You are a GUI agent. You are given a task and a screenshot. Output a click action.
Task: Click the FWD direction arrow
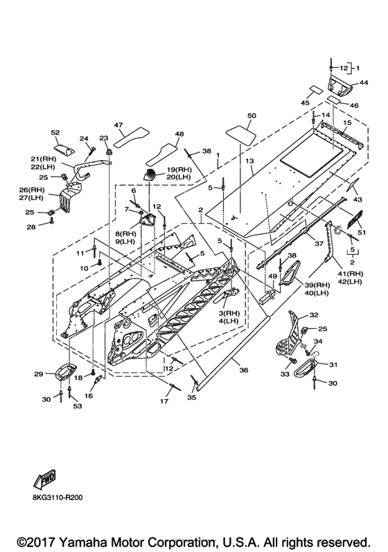pyautogui.click(x=45, y=479)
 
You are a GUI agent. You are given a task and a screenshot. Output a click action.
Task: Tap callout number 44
pyautogui.click(x=364, y=82)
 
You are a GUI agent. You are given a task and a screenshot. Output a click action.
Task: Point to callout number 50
pyautogui.click(x=252, y=116)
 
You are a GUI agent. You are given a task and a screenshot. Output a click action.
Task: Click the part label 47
pyautogui.click(x=118, y=125)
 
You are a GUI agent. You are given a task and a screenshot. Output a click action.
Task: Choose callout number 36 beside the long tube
pyautogui.click(x=244, y=370)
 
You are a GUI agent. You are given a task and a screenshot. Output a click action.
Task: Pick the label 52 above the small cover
pyautogui.click(x=55, y=132)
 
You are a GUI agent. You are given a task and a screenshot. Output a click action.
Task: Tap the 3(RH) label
pyautogui.click(x=229, y=313)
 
